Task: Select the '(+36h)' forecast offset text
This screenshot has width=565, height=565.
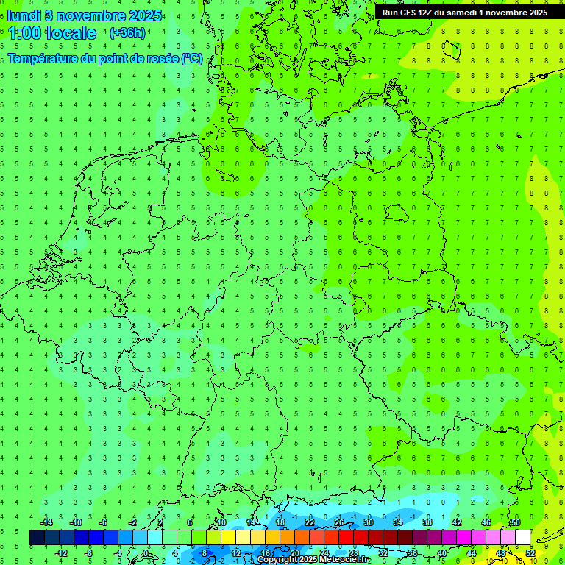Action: [127, 33]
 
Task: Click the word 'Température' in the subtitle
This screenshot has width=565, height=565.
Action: [44, 59]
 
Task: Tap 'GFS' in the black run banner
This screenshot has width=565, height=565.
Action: [408, 13]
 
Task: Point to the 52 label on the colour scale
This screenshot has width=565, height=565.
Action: [531, 553]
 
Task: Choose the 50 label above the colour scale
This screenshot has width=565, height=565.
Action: [516, 522]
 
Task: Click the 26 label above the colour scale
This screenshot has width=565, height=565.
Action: [339, 522]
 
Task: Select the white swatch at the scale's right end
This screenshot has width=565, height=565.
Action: [522, 538]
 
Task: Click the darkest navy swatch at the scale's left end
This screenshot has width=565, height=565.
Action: [37, 538]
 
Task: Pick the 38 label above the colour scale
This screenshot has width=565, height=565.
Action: [427, 522]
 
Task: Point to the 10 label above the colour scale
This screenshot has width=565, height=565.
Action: [221, 522]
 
